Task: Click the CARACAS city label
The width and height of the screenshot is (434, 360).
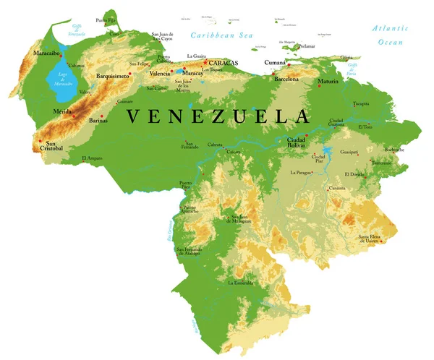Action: tap(224, 63)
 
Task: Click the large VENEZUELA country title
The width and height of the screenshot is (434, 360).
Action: tap(218, 116)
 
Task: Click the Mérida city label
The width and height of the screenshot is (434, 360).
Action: tap(63, 112)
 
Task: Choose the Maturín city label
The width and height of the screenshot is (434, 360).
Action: tap(328, 82)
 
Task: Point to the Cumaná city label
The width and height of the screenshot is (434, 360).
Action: tap(275, 63)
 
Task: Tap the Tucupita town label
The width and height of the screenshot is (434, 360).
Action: tap(361, 103)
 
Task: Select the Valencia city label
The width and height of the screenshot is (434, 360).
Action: tap(160, 74)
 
